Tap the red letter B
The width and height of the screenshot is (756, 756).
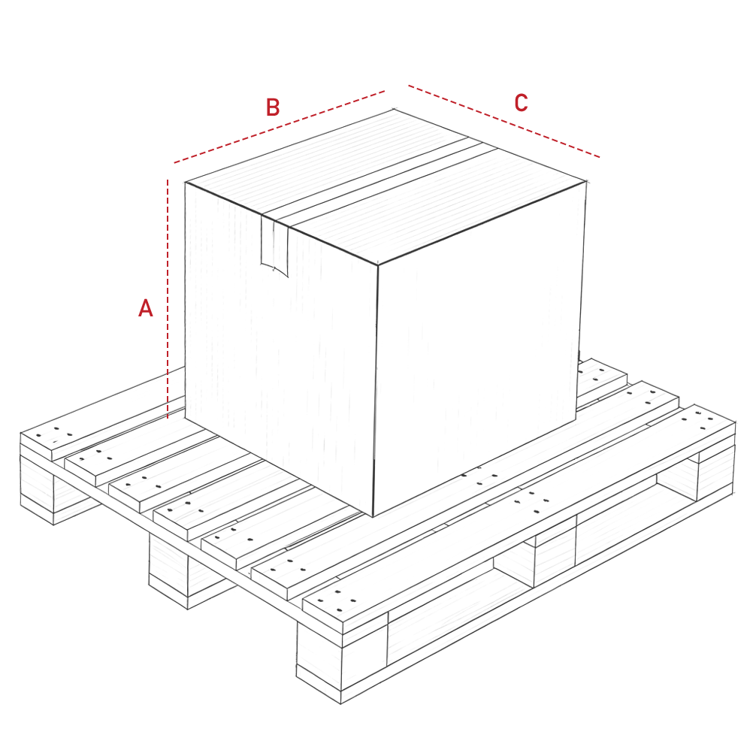click(273, 107)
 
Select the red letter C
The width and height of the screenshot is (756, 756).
click(522, 103)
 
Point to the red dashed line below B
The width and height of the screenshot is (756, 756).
click(280, 126)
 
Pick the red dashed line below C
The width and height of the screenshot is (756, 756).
click(504, 121)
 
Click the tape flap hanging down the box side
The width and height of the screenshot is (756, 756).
click(274, 246)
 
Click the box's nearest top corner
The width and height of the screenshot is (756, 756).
click(377, 265)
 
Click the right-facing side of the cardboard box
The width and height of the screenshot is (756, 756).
click(479, 347)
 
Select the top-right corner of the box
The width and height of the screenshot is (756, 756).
click(586, 182)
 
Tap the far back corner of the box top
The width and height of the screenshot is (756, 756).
click(394, 110)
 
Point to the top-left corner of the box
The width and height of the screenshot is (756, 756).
click(186, 183)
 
